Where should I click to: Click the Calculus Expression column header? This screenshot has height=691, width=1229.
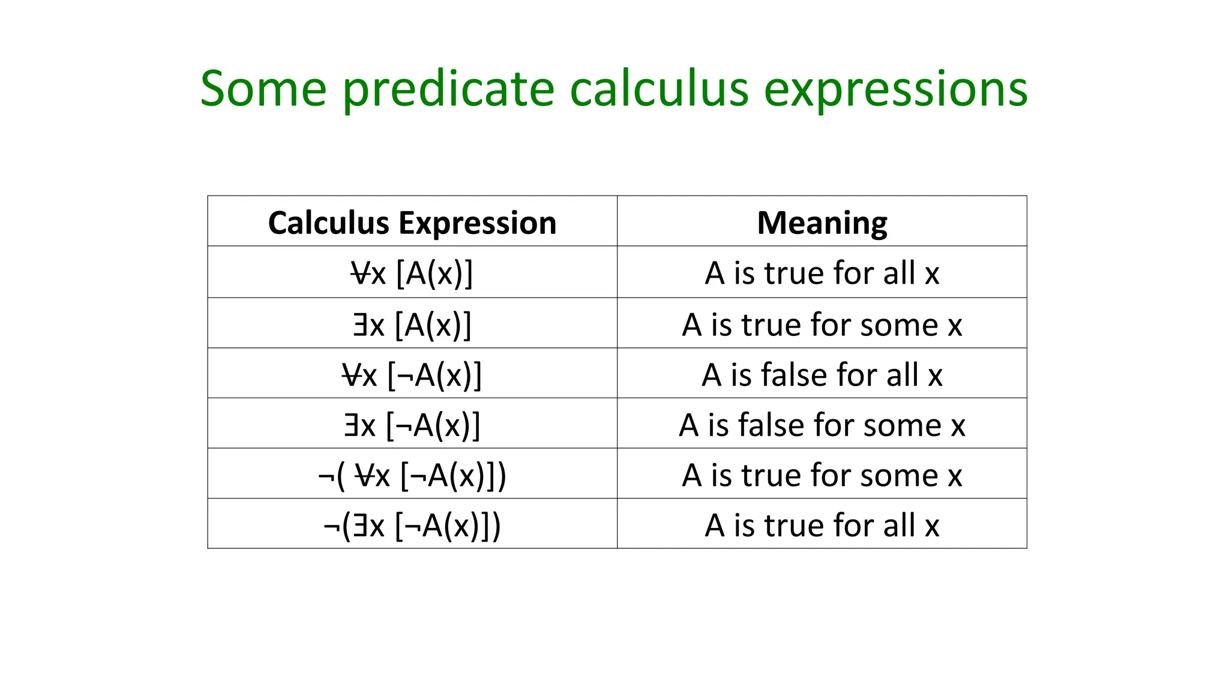pos(412,223)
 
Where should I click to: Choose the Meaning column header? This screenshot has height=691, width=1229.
pos(822,223)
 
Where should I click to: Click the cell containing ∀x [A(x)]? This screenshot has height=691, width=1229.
pos(412,273)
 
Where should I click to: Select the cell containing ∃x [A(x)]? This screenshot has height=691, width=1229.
pos(412,325)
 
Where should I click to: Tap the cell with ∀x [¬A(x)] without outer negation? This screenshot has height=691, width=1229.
pos(412,375)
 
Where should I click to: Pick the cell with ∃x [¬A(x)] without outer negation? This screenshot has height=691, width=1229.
pos(412,425)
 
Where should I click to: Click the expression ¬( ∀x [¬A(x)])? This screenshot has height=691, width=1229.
pos(412,475)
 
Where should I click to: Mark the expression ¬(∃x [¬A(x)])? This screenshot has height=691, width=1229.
pos(412,525)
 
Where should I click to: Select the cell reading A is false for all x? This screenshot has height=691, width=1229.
pos(822,375)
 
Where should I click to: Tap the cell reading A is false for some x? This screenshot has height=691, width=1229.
pos(822,425)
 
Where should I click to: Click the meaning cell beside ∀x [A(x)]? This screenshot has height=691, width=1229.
pos(822,273)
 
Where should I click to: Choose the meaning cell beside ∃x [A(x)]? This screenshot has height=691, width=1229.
pos(822,325)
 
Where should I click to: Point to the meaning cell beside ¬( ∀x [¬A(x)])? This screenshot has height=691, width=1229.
pos(822,475)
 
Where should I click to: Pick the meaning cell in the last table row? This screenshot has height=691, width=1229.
pos(822,525)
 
